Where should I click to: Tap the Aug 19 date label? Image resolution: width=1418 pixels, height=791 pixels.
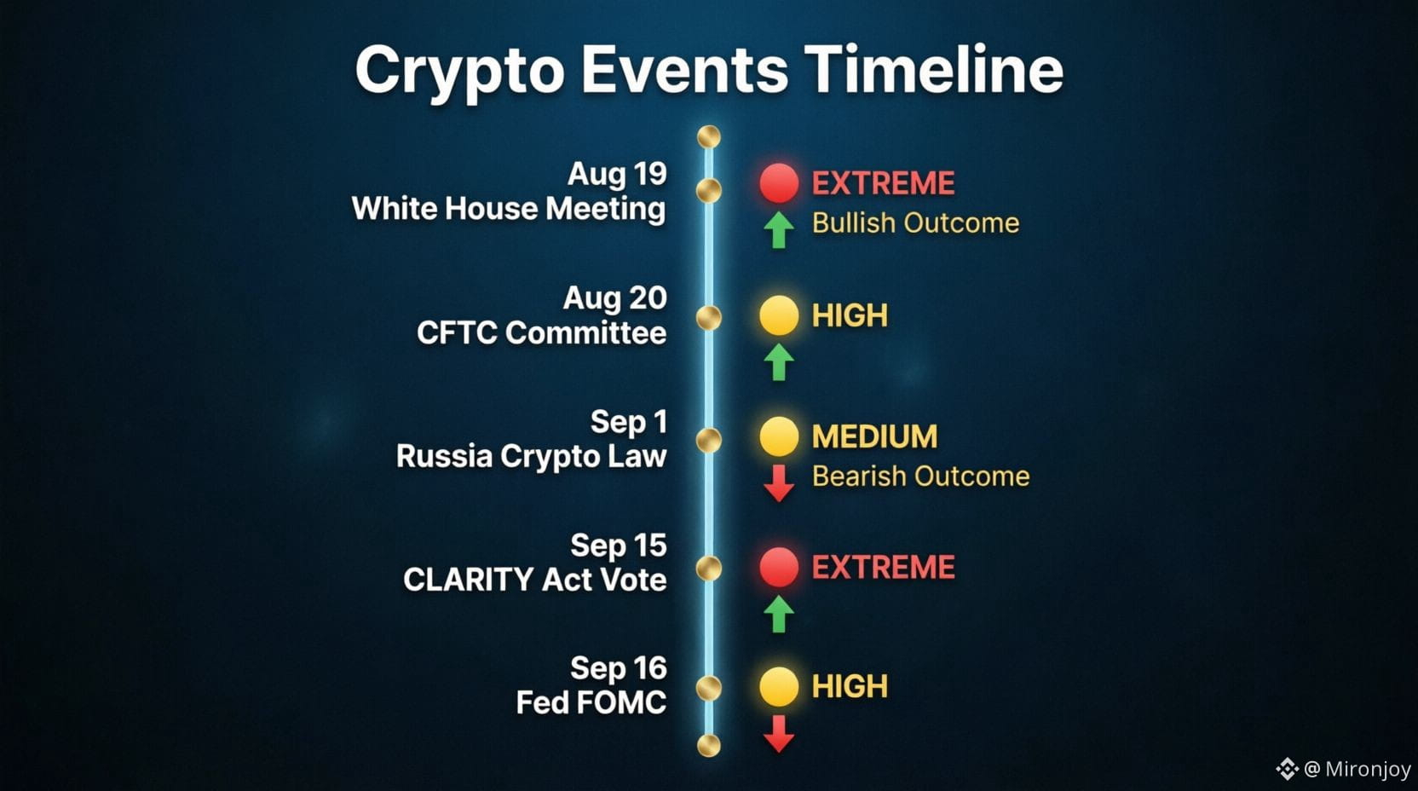pos(617,174)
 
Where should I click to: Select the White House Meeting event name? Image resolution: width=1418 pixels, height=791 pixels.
pos(509,209)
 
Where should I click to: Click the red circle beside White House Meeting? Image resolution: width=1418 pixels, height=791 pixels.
pos(779,183)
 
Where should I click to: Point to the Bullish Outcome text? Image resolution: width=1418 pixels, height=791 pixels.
pos(915,223)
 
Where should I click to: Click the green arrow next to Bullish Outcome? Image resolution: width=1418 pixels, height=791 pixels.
pos(779,230)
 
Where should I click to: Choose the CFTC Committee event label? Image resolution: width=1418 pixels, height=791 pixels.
pos(541,333)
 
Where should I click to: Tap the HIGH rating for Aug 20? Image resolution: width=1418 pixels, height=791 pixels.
pos(850,315)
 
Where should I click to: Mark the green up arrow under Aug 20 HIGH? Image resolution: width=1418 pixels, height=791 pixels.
pos(779,362)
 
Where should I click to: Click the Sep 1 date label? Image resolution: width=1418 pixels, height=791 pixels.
pos(629,422)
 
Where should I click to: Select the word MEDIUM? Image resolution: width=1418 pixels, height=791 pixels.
pos(874,436)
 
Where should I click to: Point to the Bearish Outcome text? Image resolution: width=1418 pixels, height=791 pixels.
pos(920,476)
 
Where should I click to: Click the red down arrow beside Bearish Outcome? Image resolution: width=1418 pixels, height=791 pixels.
pos(779,483)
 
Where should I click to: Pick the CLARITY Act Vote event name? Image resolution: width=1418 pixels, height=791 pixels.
pos(535,580)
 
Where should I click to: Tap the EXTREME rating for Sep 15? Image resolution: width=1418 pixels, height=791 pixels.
pos(883,567)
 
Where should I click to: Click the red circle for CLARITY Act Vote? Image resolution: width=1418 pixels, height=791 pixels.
pos(779,567)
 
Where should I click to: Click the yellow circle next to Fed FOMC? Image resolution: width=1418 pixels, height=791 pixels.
pos(779,686)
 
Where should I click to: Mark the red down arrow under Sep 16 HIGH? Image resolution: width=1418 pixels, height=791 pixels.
pos(779,734)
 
